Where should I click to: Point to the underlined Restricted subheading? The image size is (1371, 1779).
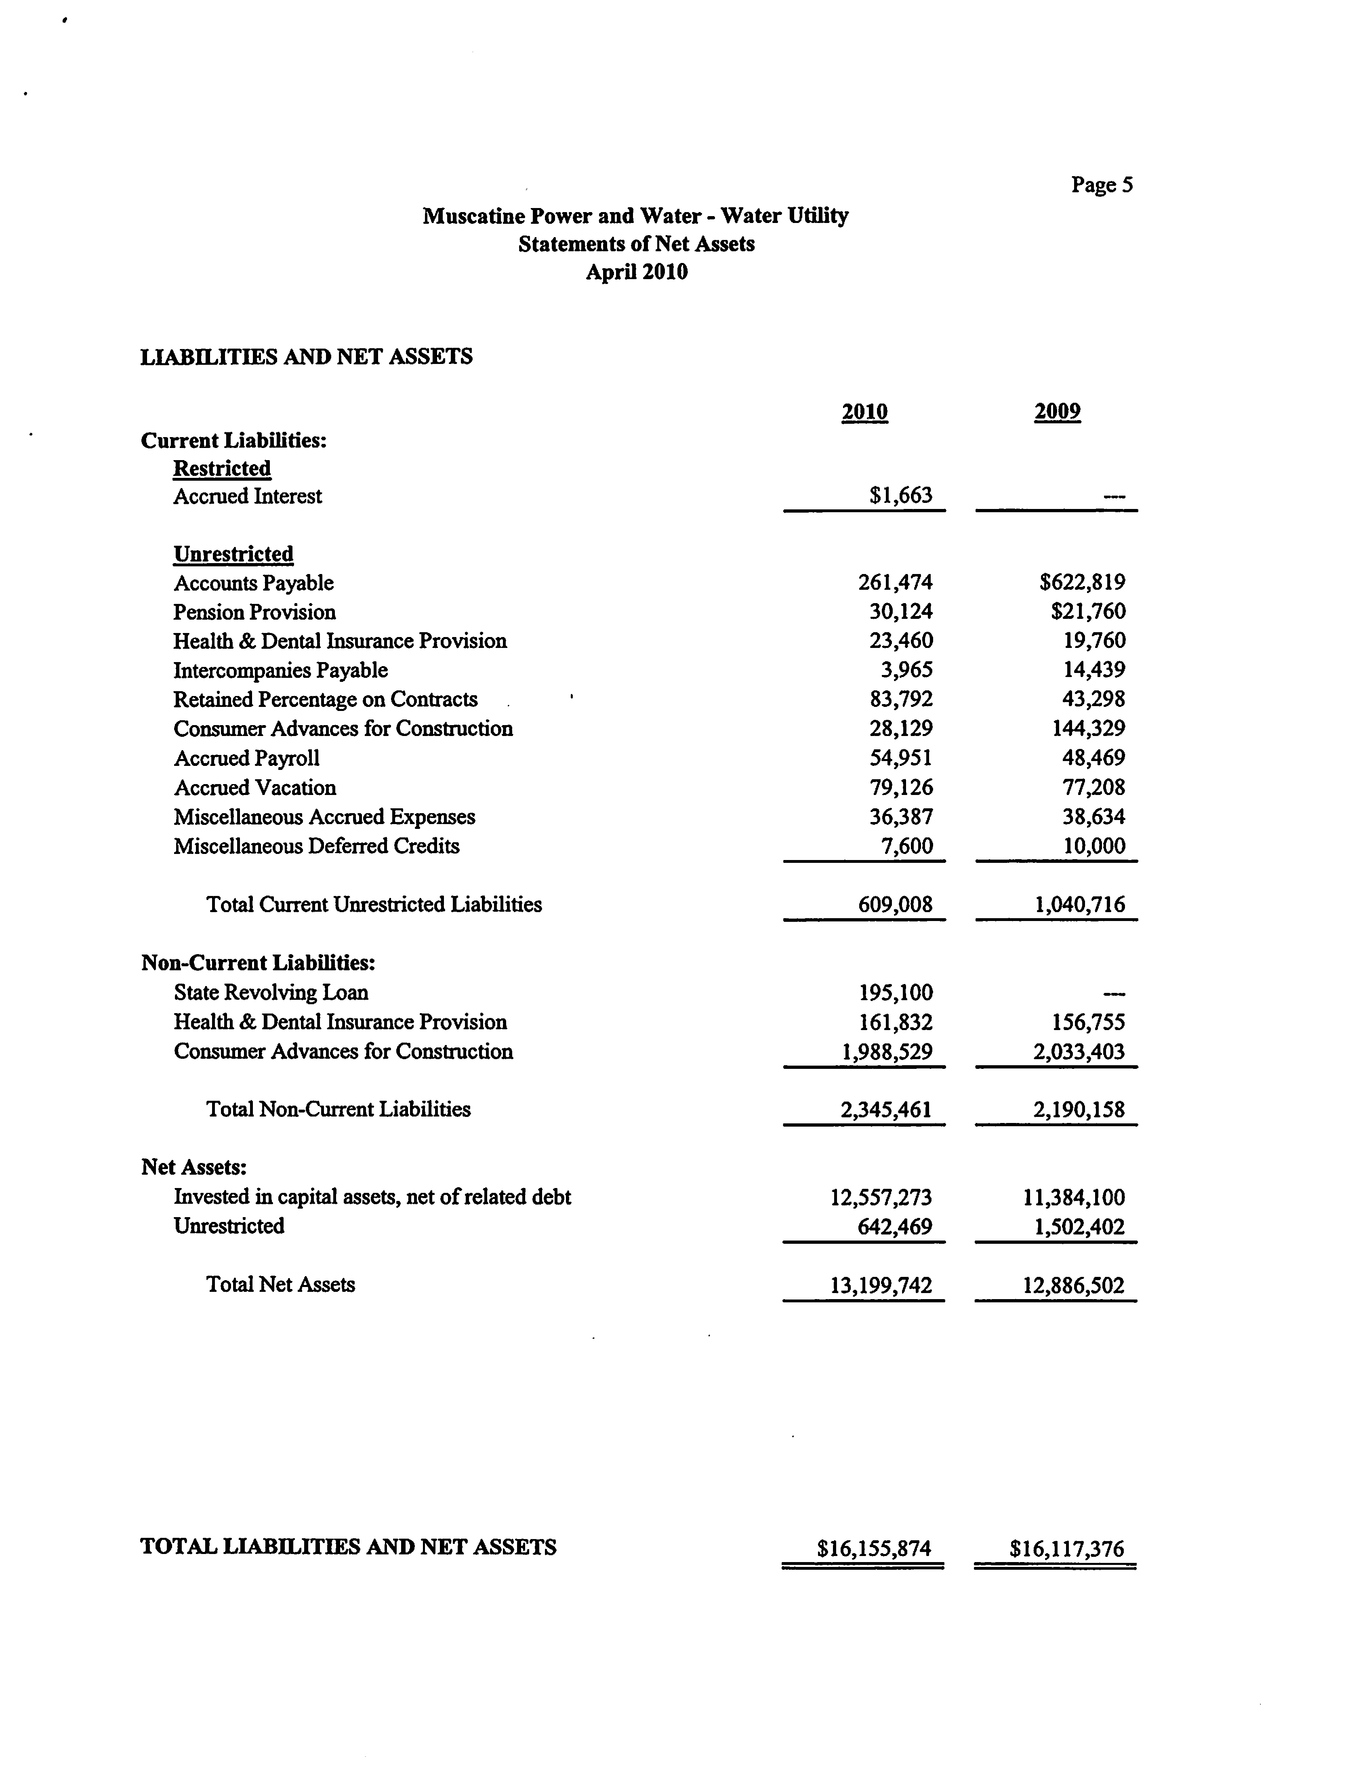222,468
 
